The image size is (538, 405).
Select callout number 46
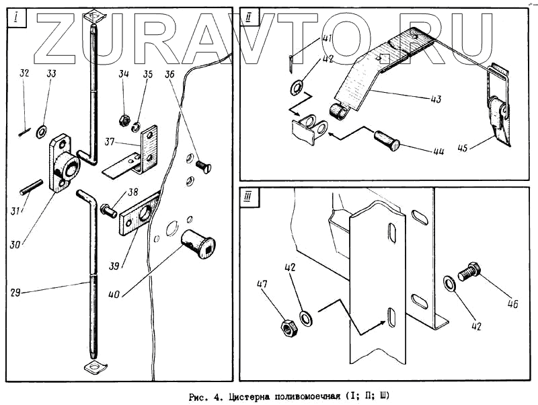[513, 303]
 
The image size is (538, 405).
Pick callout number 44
[438, 152]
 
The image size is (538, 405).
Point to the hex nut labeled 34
[123, 121]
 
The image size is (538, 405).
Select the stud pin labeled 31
[32, 187]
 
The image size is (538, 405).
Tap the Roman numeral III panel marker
[249, 197]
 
